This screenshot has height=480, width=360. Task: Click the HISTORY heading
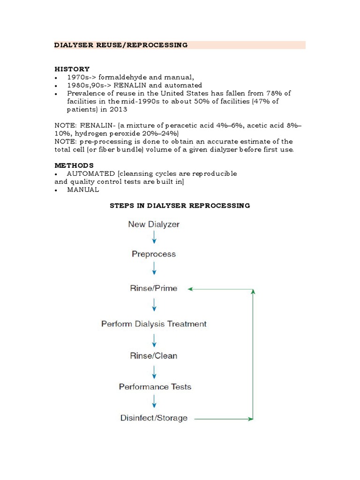72,69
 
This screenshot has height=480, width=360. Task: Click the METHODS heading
74,165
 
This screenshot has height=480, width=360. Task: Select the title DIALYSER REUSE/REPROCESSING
121,45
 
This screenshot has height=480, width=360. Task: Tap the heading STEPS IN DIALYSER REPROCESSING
180,205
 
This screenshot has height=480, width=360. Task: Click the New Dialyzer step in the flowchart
154,224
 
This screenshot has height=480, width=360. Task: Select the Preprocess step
154,254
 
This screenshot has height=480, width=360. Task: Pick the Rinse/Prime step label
154,288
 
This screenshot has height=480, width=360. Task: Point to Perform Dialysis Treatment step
154,324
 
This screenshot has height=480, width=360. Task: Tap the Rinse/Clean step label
154,356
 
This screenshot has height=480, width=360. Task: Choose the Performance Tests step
155,387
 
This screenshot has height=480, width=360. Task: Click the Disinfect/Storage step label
154,418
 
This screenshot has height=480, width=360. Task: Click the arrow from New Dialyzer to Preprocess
154,238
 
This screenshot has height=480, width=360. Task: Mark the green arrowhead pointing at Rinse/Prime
191,289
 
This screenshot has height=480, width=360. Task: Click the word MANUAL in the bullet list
83,189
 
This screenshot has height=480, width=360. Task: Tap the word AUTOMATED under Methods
91,173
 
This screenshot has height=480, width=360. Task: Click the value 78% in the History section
273,93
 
